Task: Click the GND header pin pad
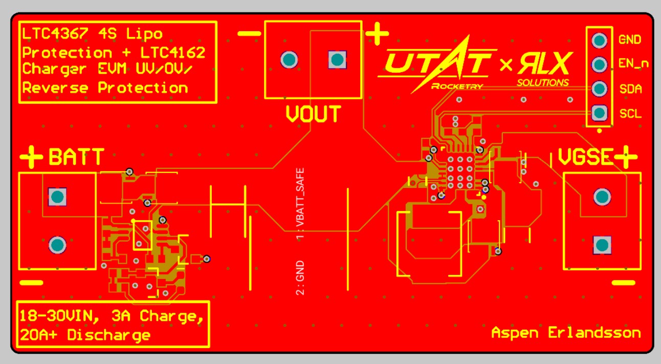pyautogui.click(x=599, y=40)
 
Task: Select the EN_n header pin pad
pyautogui.click(x=599, y=65)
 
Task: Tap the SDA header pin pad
pyautogui.click(x=599, y=89)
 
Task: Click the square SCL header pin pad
pyautogui.click(x=599, y=113)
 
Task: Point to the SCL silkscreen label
pyautogui.click(x=630, y=114)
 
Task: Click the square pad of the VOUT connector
pyautogui.click(x=337, y=59)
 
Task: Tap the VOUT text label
pyautogui.click(x=313, y=114)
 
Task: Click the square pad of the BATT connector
pyautogui.click(x=57, y=196)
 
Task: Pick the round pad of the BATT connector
pyautogui.click(x=57, y=245)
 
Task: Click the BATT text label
pyautogui.click(x=76, y=157)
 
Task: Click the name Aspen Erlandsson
pyautogui.click(x=566, y=333)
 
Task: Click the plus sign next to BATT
pyautogui.click(x=32, y=156)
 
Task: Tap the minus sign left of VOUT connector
pyautogui.click(x=249, y=34)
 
